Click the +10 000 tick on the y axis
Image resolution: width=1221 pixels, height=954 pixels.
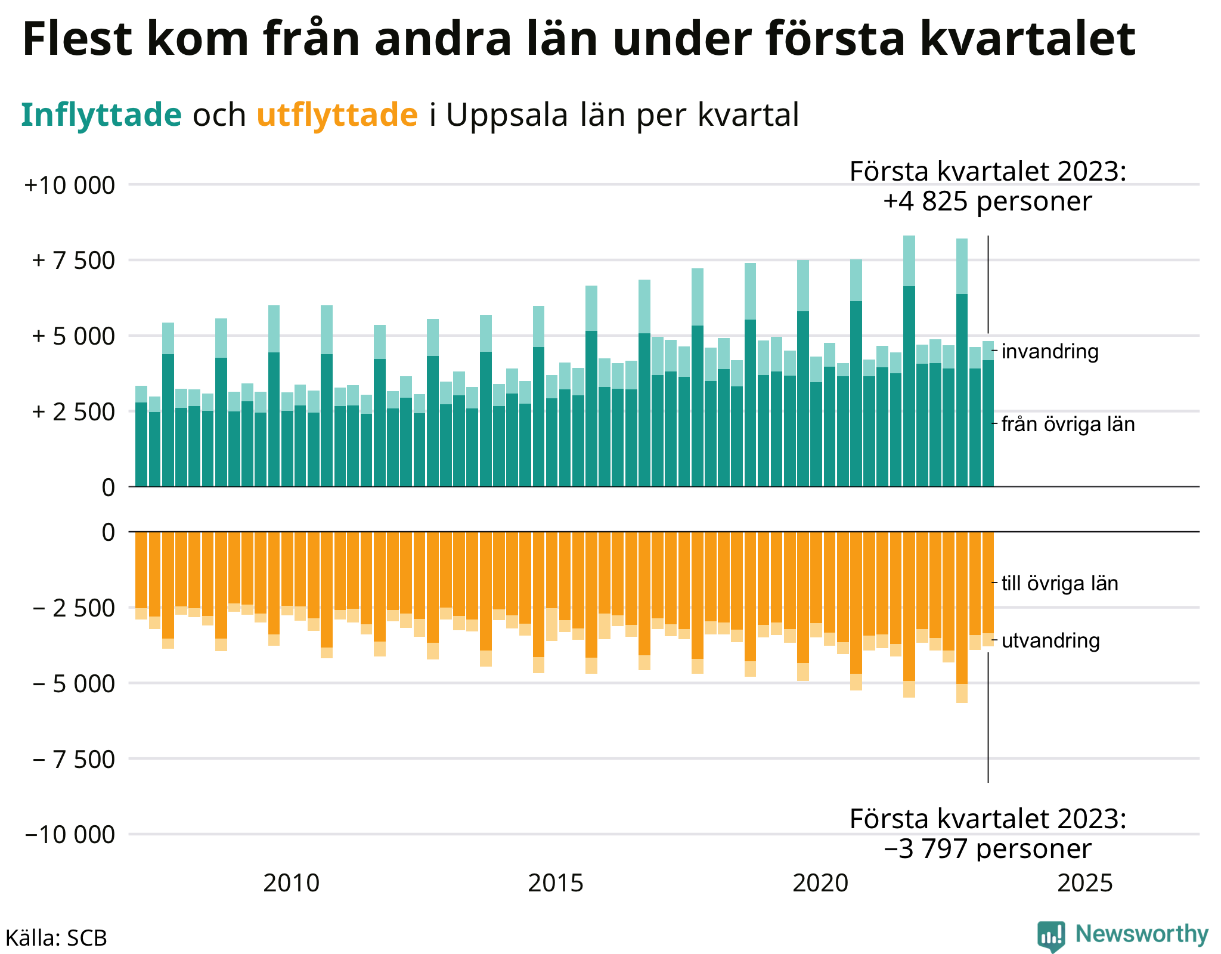tap(69, 185)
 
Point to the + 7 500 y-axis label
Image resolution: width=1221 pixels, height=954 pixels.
tap(73, 261)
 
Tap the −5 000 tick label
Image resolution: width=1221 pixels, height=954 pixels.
tap(73, 683)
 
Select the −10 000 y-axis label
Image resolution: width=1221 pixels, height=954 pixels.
tap(69, 835)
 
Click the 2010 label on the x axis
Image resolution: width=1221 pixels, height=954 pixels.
tap(291, 883)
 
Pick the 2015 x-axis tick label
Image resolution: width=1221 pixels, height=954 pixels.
tap(556, 883)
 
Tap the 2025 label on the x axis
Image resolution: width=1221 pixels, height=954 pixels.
tap(1085, 883)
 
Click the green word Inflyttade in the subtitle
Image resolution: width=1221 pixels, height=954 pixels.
tap(101, 115)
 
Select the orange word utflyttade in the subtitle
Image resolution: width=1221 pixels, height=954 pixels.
tap(337, 115)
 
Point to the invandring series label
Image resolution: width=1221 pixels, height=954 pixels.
tap(1050, 352)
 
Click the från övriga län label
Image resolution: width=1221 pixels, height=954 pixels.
tap(1068, 425)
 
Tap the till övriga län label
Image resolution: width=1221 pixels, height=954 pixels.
tap(1060, 583)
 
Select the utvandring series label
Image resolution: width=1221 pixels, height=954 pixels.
tap(1050, 641)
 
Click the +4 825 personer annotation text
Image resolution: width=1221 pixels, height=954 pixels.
tap(987, 202)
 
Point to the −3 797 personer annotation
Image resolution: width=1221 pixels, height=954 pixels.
tap(987, 849)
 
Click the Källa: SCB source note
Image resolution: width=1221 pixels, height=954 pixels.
tap(56, 938)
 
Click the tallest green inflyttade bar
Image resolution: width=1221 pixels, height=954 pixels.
tap(909, 361)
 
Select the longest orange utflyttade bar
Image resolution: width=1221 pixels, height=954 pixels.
tap(962, 617)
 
